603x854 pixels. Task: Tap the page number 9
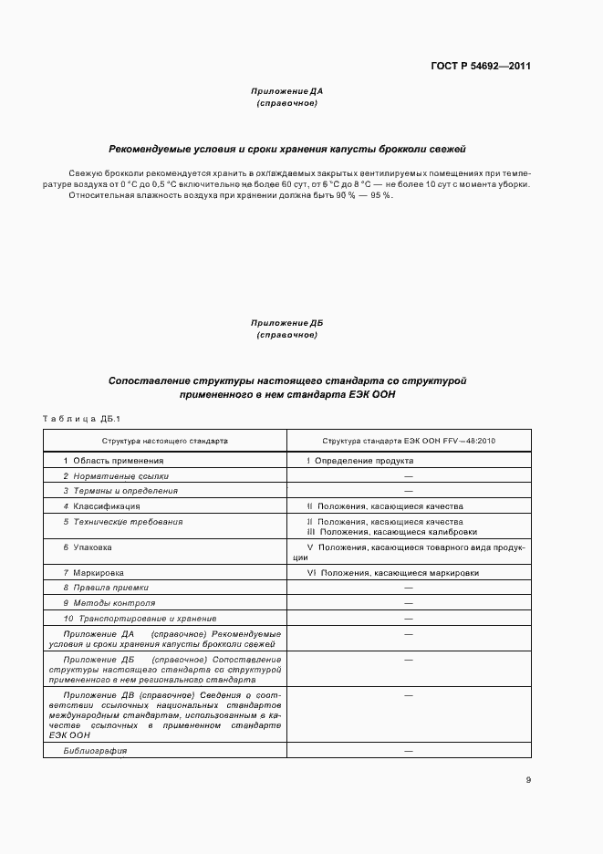pyautogui.click(x=528, y=780)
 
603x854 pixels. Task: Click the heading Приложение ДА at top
pyautogui.click(x=286, y=91)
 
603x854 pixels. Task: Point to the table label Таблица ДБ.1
pyautogui.click(x=82, y=419)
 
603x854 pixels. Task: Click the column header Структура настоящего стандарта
pyautogui.click(x=164, y=440)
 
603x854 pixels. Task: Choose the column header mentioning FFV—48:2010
pyautogui.click(x=409, y=440)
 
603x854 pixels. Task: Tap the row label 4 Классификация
pyautogui.click(x=101, y=505)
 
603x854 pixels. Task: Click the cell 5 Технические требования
pyautogui.click(x=122, y=521)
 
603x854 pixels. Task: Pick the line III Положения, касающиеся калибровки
pyautogui.click(x=391, y=532)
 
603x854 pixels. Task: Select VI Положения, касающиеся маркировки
pyautogui.click(x=392, y=573)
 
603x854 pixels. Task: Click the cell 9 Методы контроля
pyautogui.click(x=109, y=603)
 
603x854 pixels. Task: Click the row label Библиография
pyautogui.click(x=95, y=750)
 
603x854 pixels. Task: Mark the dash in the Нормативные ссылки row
pyautogui.click(x=408, y=476)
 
